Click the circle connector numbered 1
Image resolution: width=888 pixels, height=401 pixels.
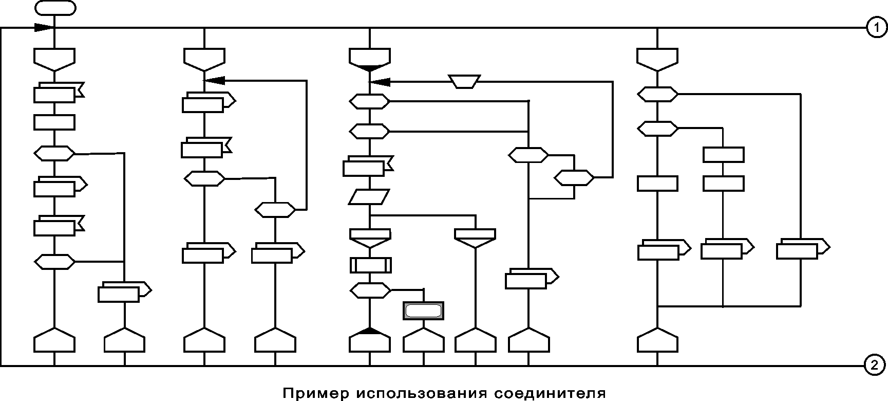pos(876,28)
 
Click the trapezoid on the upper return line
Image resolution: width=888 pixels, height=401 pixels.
pos(465,81)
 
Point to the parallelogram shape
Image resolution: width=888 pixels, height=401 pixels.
pos(369,197)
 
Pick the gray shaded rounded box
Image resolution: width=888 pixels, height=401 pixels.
pos(424,311)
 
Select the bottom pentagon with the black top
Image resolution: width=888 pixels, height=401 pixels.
pos(370,340)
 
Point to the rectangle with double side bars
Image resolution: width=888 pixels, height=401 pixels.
pos(371,265)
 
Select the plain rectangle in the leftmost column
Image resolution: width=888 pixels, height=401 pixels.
pos(54,122)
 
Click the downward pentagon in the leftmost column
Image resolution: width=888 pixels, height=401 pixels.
pos(54,59)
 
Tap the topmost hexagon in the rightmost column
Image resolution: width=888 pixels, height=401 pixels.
pos(657,95)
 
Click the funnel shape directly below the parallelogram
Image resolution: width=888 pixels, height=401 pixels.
pos(370,238)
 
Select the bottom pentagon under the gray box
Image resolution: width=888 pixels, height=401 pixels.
pos(424,341)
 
